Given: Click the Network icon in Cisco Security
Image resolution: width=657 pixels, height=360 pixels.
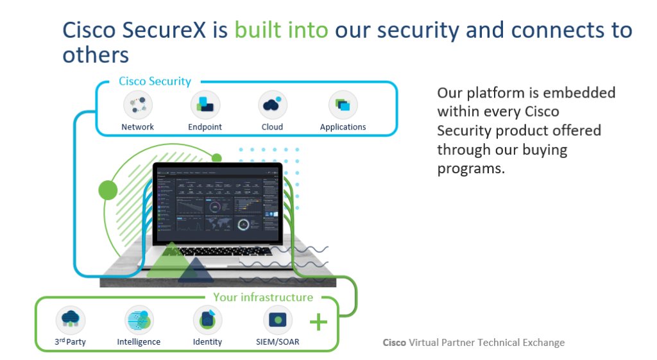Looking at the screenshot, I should pyautogui.click(x=138, y=105).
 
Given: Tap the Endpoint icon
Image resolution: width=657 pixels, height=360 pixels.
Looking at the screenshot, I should pyautogui.click(x=205, y=105).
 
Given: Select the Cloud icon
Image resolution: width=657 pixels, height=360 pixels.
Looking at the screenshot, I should pyautogui.click(x=272, y=105).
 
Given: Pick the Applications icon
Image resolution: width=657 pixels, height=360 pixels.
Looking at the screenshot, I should pyautogui.click(x=343, y=105).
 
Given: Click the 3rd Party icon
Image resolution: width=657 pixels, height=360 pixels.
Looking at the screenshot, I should pyautogui.click(x=71, y=320).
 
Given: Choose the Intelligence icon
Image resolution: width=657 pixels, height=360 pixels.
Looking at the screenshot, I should pyautogui.click(x=139, y=320).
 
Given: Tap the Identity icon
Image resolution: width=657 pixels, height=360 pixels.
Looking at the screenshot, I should pyautogui.click(x=207, y=320).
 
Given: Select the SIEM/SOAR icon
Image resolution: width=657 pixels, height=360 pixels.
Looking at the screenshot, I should pyautogui.click(x=278, y=320).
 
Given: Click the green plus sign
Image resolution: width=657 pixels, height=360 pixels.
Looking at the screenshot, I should pyautogui.click(x=318, y=321).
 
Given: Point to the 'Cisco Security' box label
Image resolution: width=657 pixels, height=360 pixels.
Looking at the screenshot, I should pyautogui.click(x=155, y=81).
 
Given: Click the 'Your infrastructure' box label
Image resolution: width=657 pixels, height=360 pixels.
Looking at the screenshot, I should pyautogui.click(x=263, y=297).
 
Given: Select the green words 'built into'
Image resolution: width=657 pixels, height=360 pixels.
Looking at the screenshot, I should pyautogui.click(x=282, y=30).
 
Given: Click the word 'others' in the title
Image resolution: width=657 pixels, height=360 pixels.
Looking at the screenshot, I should pyautogui.click(x=96, y=55).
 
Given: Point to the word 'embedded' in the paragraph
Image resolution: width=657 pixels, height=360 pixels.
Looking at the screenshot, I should pyautogui.click(x=581, y=92).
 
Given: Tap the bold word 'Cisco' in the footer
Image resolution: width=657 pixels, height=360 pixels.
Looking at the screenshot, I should pyautogui.click(x=394, y=343).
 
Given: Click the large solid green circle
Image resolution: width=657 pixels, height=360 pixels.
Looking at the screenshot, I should pyautogui.click(x=108, y=189).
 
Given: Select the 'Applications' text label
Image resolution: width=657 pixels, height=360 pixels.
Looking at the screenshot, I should pyautogui.click(x=343, y=127).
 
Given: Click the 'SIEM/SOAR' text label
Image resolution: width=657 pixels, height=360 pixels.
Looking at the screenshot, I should pyautogui.click(x=273, y=341).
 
